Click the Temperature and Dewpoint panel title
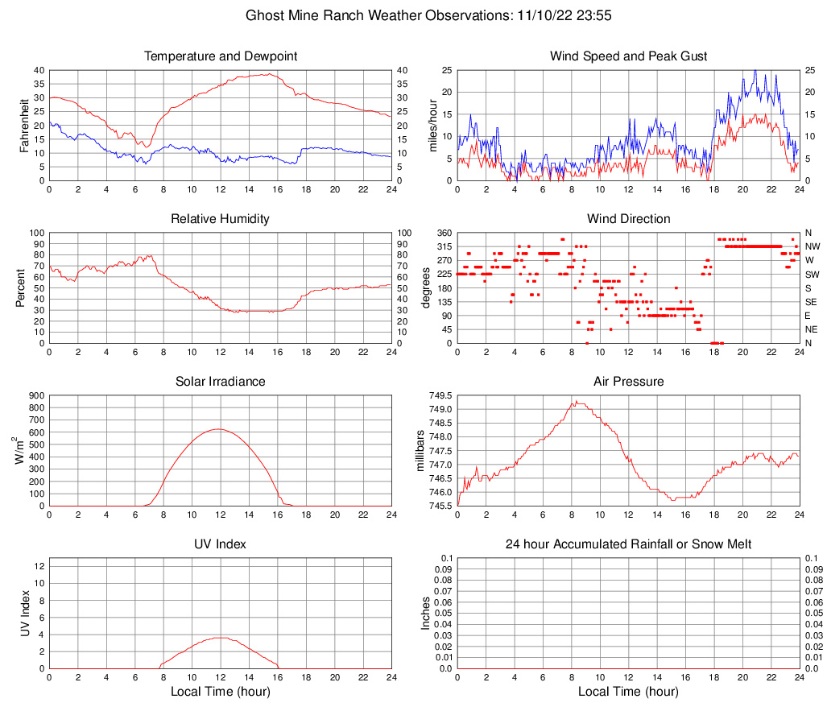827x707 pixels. tap(221, 56)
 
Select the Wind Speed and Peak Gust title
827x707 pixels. tap(628, 56)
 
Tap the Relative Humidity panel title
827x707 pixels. tap(221, 219)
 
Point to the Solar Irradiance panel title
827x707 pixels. tap(221, 382)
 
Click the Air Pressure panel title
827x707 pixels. tap(628, 382)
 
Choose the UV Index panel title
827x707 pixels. tap(221, 544)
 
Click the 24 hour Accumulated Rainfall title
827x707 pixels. tap(628, 544)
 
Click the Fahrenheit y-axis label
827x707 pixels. tap(23, 125)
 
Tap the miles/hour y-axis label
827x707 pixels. tap(432, 125)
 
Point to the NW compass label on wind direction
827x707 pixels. tap(813, 246)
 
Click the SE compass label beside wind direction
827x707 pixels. tap(812, 302)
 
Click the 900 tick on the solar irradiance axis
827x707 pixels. tap(36, 395)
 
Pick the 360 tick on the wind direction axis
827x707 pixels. tap(442, 233)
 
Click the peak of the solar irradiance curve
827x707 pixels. tap(218, 429)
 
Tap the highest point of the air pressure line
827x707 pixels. tap(577, 401)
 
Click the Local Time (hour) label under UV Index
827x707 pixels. tap(221, 692)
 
